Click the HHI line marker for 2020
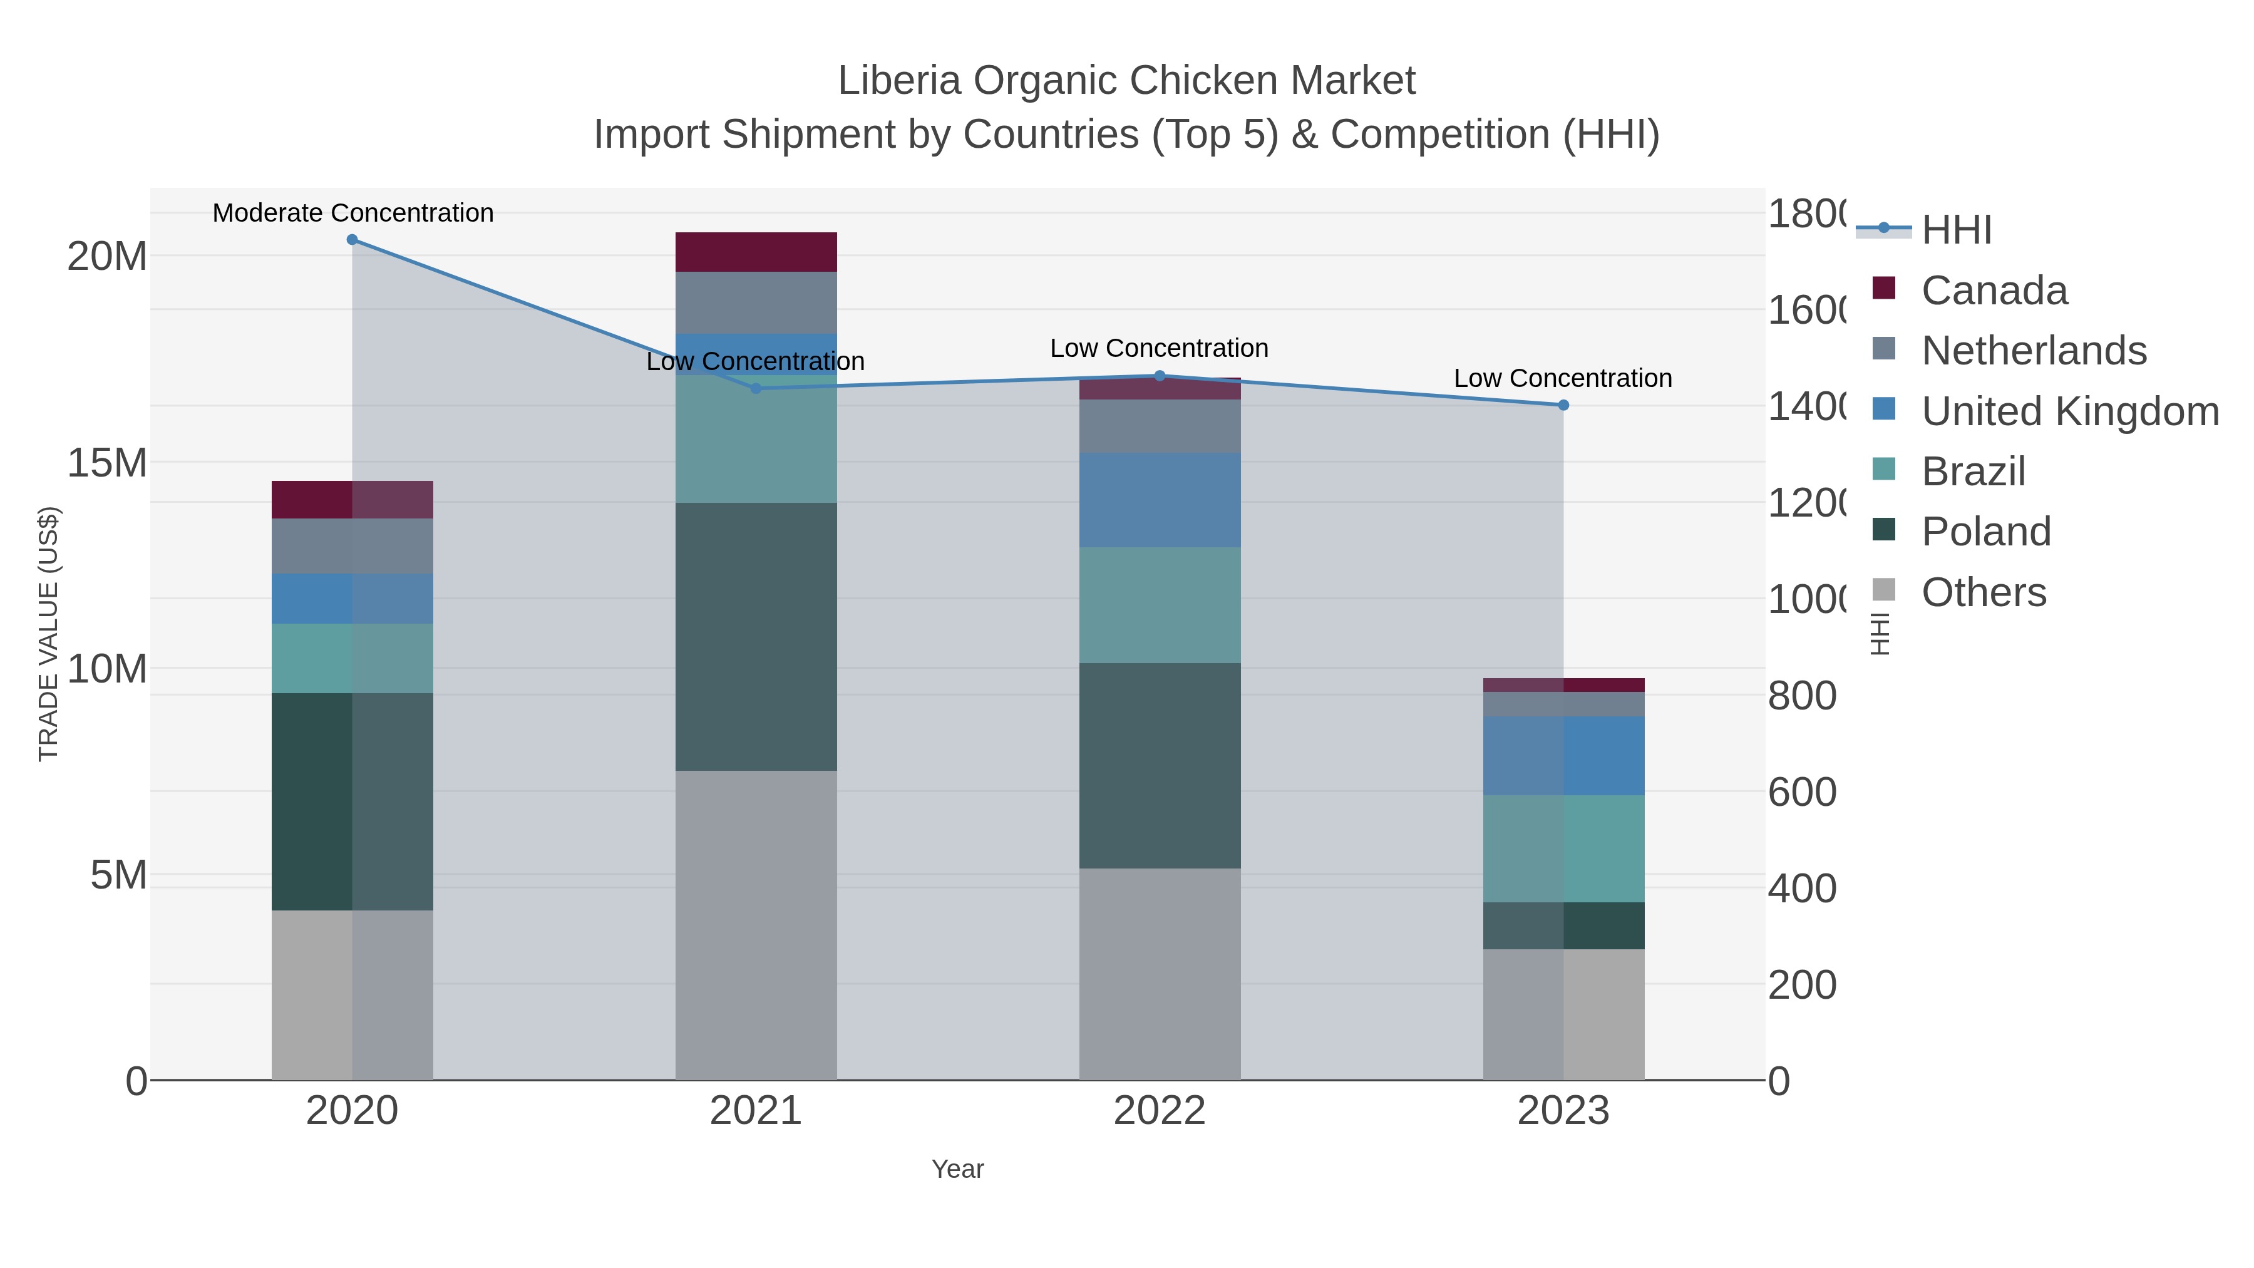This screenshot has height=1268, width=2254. [x=352, y=240]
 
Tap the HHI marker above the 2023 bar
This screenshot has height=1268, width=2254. [x=1563, y=405]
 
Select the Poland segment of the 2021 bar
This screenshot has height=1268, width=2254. [x=756, y=636]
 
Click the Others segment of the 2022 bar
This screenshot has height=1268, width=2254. [x=1160, y=973]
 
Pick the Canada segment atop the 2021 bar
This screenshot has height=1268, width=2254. [x=756, y=252]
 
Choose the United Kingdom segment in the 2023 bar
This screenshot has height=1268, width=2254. [x=1563, y=755]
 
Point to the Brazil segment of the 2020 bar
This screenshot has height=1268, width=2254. [x=352, y=658]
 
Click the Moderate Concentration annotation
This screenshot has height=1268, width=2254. [x=353, y=213]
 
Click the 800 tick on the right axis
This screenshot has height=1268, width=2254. [x=1801, y=696]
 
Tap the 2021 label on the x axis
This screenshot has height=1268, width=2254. [x=755, y=1111]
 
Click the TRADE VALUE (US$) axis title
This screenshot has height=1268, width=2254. [x=48, y=634]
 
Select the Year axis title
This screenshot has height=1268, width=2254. [x=957, y=1169]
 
